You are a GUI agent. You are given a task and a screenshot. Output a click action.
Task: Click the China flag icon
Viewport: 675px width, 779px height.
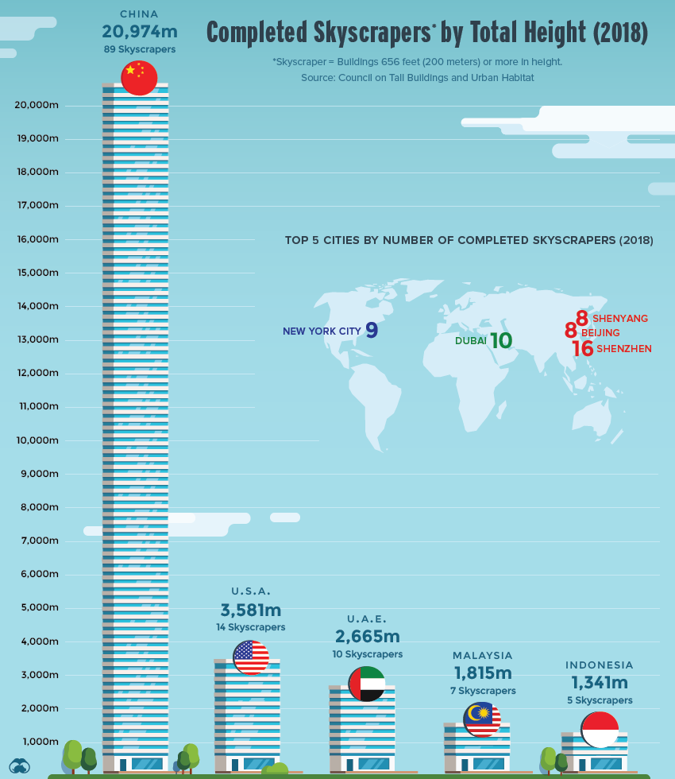(139, 78)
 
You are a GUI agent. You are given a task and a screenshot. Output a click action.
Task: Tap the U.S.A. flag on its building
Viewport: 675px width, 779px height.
(251, 657)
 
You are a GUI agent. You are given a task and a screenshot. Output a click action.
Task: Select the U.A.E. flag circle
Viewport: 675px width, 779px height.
(366, 684)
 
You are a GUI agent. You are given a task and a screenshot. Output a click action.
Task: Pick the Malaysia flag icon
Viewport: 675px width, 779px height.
(482, 719)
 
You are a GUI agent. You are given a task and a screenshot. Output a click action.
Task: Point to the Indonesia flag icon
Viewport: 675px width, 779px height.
(600, 730)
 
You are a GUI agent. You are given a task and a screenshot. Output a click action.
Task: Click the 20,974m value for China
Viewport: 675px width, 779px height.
(139, 32)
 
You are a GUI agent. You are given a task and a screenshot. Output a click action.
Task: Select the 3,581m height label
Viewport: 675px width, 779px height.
(251, 610)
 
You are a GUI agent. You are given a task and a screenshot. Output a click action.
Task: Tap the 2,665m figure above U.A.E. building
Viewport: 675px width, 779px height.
(367, 636)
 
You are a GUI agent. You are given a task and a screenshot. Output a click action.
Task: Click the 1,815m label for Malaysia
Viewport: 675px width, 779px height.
(483, 672)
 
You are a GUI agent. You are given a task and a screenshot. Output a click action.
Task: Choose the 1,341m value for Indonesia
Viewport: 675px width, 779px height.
(600, 682)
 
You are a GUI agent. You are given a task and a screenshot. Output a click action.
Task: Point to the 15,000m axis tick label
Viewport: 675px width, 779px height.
(37, 273)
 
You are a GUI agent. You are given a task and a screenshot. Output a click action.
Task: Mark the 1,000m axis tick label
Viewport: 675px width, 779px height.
(40, 742)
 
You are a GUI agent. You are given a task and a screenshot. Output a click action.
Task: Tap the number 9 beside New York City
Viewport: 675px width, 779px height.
(372, 331)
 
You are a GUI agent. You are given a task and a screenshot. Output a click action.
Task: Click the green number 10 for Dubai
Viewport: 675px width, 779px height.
(501, 341)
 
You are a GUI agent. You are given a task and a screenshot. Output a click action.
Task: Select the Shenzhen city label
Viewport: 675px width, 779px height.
(624, 348)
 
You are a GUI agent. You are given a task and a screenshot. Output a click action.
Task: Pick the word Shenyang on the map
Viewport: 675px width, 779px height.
(620, 318)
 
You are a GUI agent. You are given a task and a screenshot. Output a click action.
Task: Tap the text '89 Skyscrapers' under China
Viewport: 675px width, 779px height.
(139, 49)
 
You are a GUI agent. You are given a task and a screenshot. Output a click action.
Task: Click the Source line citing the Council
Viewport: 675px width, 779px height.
(417, 78)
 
